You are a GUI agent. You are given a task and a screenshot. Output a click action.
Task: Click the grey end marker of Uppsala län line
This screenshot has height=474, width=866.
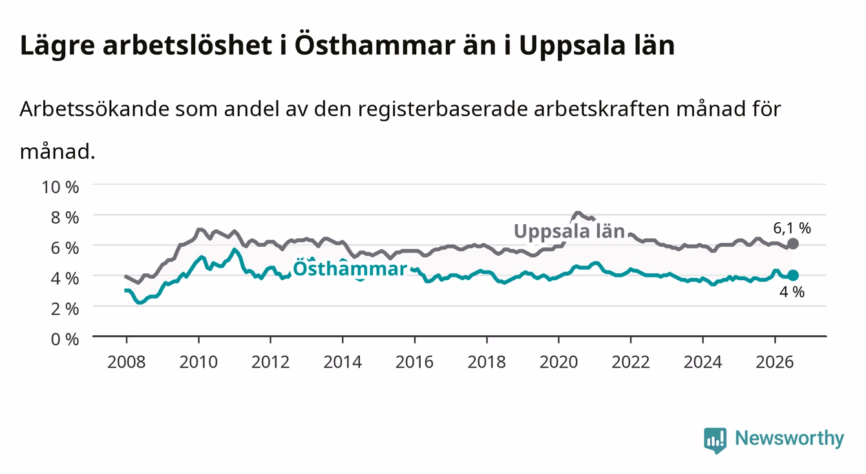(793, 243)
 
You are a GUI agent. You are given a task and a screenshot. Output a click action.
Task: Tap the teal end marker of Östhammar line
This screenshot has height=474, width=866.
(793, 276)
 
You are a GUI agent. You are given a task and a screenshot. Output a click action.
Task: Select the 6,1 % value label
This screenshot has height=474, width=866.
(792, 229)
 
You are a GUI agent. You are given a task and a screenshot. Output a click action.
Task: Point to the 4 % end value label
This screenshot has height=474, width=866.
(792, 292)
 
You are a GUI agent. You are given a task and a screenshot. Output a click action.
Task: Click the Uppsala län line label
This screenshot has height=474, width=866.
(569, 231)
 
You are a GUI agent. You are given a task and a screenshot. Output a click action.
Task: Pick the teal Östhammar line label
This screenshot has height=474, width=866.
(350, 269)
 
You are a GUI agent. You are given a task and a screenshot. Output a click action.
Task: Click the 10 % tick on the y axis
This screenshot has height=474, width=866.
(60, 187)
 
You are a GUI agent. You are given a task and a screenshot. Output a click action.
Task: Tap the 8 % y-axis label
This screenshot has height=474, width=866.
(65, 218)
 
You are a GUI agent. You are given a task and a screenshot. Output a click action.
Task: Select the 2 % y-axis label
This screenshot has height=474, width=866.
(65, 309)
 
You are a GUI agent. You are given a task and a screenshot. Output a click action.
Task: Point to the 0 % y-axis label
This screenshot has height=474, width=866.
(65, 340)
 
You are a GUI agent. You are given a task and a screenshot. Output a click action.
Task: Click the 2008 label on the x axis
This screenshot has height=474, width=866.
(127, 362)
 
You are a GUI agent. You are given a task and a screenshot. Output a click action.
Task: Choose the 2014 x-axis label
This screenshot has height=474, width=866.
(343, 362)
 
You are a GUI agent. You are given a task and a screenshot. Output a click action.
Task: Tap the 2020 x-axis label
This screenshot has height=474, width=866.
(558, 362)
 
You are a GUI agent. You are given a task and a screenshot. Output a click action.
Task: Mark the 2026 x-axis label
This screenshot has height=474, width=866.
(775, 362)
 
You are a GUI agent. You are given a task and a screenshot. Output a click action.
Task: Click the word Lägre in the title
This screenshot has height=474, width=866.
(58, 46)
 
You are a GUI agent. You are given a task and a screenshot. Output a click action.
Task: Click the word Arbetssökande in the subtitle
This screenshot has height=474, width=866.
(94, 109)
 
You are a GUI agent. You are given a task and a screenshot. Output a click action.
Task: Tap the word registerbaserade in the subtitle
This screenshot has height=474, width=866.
(442, 110)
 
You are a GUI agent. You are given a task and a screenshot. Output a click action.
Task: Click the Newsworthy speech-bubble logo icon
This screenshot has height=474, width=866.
(715, 440)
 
